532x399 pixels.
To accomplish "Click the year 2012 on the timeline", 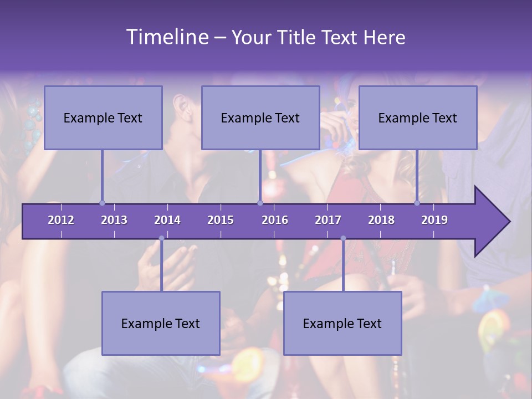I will coord(61,220).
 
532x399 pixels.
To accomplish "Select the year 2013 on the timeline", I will coord(114,220).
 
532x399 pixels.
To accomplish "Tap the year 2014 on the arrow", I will coord(167,220).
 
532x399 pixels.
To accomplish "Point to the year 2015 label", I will coord(221,220).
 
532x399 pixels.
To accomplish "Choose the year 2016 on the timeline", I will coord(275,220).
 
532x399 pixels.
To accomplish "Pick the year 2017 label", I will coord(328,220).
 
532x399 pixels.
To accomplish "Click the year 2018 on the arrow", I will coord(381,220).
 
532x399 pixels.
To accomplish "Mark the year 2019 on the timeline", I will coord(434,220).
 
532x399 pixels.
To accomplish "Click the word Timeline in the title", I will coord(167,37).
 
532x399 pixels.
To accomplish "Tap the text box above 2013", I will coord(103,117).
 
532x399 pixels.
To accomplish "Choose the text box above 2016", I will coord(260,117).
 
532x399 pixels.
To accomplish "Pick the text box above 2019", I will coord(418,117).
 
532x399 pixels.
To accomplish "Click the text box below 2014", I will coord(161,323).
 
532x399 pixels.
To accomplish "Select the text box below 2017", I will coord(342,323).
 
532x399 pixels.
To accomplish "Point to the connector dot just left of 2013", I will coord(103,203).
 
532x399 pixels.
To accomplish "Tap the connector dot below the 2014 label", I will coord(161,238).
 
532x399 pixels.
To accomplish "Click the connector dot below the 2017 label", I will coord(343,238).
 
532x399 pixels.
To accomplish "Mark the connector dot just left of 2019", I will coord(417,203).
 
